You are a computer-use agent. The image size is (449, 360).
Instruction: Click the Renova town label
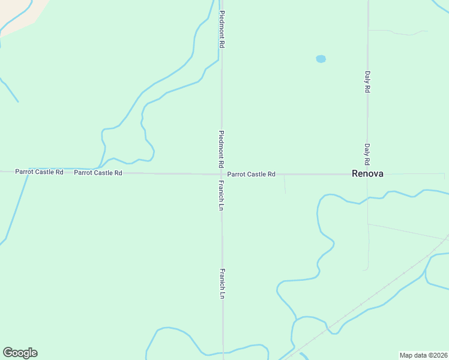pos(367,174)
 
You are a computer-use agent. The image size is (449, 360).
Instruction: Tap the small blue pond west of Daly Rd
pos(321,59)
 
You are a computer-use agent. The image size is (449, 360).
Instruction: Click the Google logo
pos(20,353)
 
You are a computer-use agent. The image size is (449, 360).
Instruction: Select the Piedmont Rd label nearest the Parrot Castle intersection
pos(221,149)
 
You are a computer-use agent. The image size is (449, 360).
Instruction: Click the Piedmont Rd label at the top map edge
pos(221,29)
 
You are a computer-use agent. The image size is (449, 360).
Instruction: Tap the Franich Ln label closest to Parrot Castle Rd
pos(221,195)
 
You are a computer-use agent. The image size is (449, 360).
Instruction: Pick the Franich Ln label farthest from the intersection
pos(222,283)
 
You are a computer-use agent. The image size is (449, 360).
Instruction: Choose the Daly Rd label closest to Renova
pos(367,154)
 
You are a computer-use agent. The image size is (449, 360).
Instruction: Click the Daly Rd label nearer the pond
pos(367,82)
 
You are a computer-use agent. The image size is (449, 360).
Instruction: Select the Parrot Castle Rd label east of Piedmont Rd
pos(251,174)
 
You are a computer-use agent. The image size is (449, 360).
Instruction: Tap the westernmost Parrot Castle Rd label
pos(39,172)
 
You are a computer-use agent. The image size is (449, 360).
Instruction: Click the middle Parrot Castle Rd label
pos(98,173)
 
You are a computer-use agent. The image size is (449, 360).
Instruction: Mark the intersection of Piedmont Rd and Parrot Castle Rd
pos(221,174)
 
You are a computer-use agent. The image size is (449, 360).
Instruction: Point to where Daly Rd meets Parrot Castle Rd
pos(367,174)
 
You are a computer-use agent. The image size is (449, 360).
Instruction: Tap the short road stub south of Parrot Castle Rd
pos(285,185)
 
